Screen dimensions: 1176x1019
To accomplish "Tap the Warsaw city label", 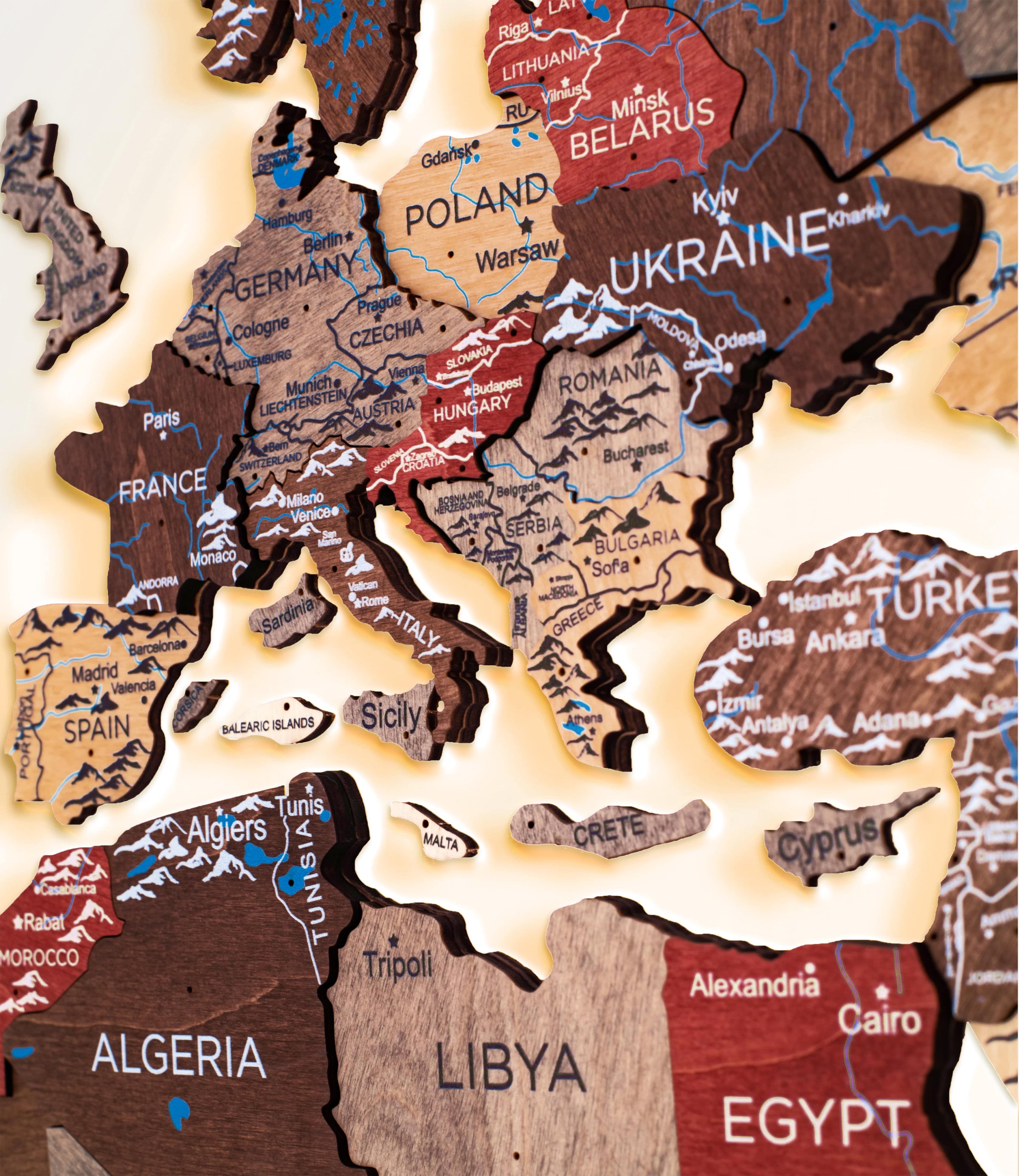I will (516, 255).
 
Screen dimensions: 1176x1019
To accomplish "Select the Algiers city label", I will (227, 830).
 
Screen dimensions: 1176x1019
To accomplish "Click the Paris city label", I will (161, 420).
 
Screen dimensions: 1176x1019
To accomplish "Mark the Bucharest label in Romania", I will (636, 449).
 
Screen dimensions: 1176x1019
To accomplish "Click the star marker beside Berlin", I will (349, 234).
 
